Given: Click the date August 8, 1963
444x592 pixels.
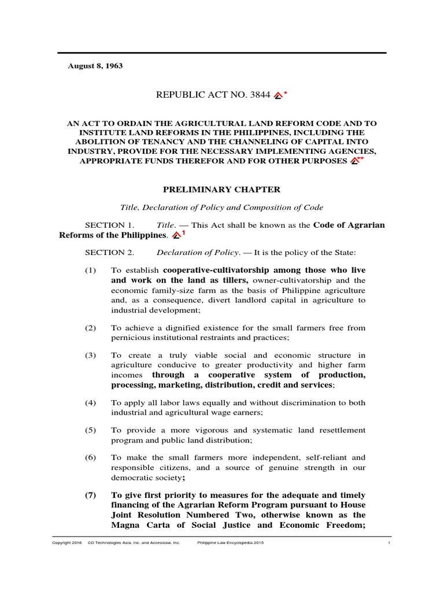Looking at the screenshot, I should click(x=95, y=66).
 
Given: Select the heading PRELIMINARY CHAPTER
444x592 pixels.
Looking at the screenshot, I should click(x=222, y=189).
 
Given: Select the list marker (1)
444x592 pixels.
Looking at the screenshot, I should click(x=90, y=271).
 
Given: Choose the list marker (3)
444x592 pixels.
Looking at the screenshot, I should click(x=90, y=355).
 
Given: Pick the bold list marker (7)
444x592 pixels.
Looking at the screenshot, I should click(x=91, y=495).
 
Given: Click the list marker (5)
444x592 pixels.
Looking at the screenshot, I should click(x=90, y=430).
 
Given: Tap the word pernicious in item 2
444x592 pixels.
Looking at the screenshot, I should click(x=130, y=337).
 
